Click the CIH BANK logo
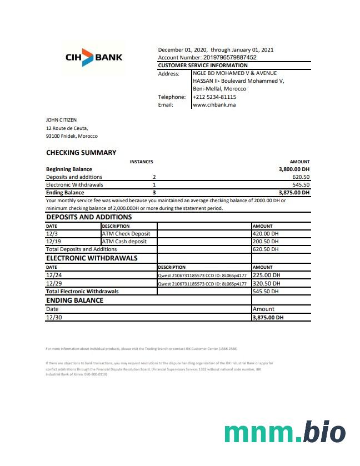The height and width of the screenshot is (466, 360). point(94,57)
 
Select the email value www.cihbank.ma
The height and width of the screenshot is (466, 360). point(214,104)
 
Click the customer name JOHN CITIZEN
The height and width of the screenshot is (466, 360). point(61,119)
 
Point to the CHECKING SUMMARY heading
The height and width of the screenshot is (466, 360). point(81,153)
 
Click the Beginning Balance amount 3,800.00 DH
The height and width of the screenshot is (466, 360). point(294,169)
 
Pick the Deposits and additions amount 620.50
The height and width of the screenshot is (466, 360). point(301,177)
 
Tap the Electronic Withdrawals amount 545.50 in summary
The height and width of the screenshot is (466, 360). point(301,185)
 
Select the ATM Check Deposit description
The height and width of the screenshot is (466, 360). point(126,234)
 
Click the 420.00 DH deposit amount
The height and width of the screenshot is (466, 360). point(266,234)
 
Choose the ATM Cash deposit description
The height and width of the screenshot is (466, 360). point(124,242)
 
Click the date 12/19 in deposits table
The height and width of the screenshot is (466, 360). point(53,242)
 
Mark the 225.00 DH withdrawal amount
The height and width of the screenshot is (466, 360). point(266,275)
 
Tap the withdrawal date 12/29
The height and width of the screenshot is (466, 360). point(54,283)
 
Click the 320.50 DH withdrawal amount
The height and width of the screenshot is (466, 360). point(266,283)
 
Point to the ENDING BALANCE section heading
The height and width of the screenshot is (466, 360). point(74,300)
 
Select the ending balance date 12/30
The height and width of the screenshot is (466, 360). point(53,317)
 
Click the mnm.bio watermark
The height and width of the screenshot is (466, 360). point(284,432)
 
